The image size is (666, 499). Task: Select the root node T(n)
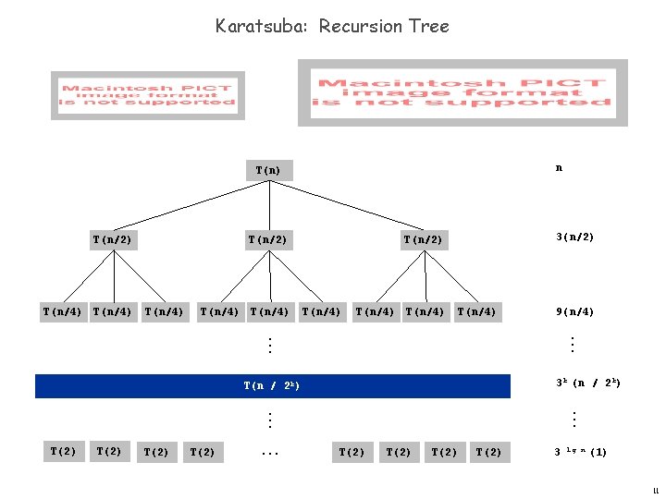(x=268, y=170)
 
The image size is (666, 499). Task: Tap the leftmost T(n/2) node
(x=112, y=240)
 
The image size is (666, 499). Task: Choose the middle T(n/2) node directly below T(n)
(x=267, y=240)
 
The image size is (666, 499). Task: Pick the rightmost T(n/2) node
(x=423, y=240)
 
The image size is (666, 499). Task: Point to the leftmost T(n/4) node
(x=62, y=311)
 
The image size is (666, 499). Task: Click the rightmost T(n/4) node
(x=476, y=311)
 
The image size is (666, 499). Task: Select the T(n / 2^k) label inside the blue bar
(x=272, y=385)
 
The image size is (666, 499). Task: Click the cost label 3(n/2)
(x=574, y=237)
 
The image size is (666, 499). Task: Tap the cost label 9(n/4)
(x=574, y=311)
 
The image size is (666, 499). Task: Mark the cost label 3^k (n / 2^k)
(x=587, y=383)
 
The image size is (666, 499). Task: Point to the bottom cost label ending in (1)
(x=580, y=453)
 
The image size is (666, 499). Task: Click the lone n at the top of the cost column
(x=558, y=168)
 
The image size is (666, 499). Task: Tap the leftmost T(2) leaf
(x=63, y=451)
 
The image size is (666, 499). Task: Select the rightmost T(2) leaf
(x=489, y=452)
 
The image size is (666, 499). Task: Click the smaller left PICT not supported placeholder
(x=145, y=95)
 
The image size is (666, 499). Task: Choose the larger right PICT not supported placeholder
(x=462, y=92)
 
